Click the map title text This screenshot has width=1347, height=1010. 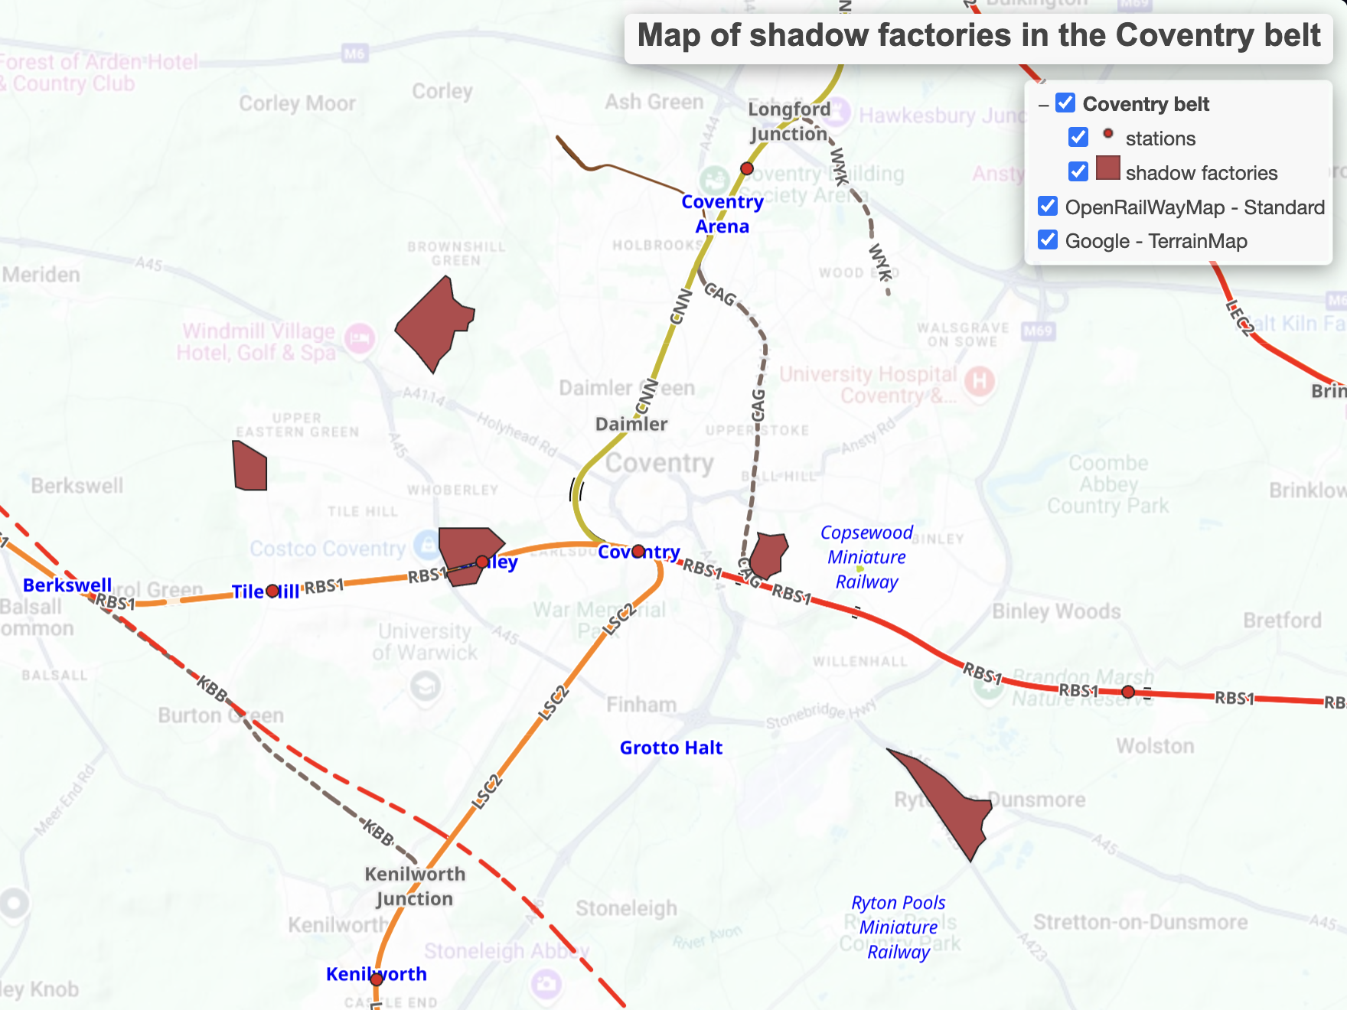978,36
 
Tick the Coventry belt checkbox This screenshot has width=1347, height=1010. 1065,103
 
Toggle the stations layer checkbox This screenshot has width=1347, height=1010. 1078,138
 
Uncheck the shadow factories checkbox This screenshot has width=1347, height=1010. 1078,172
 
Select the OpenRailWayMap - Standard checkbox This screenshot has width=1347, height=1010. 1048,207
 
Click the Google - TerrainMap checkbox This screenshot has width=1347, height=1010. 1048,240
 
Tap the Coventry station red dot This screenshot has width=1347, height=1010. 638,551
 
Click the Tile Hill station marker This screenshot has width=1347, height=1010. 272,591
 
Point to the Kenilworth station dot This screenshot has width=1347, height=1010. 377,979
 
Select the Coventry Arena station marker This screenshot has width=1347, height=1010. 747,168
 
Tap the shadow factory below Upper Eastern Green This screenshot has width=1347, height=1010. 250,466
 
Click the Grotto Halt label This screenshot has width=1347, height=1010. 670,748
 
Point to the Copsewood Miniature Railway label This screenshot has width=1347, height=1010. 866,557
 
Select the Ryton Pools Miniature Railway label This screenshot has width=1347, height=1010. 899,927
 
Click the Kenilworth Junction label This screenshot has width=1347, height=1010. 414,886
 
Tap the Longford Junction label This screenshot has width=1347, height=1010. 789,121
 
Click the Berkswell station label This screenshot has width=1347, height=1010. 67,585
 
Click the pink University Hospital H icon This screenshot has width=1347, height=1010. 980,381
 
